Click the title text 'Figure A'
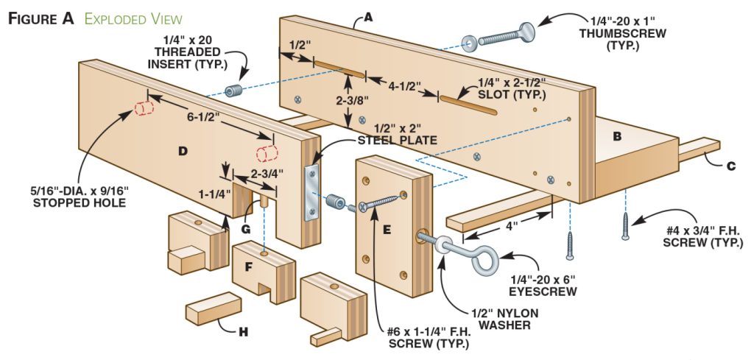[x=41, y=18]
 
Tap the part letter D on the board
[x=183, y=151]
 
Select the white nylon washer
[x=442, y=244]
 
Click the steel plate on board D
[x=311, y=193]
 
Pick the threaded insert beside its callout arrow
[x=234, y=91]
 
